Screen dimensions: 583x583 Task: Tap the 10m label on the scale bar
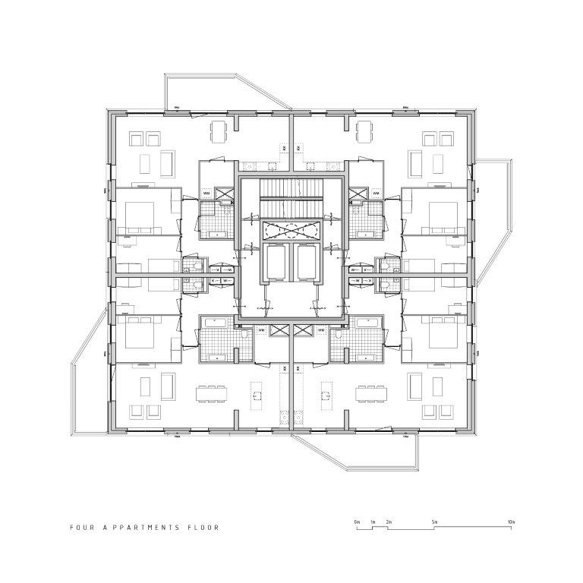(512, 523)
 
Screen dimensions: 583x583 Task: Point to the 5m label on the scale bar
(435, 523)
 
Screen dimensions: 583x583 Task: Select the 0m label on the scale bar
(356, 523)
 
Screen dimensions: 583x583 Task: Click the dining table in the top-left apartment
(219, 132)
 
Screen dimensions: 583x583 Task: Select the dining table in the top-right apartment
(365, 132)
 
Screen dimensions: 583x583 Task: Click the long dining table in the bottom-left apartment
(213, 394)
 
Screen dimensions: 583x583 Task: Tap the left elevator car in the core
(276, 263)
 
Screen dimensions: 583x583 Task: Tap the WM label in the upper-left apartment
(206, 193)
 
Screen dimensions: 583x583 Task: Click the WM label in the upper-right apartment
(376, 193)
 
